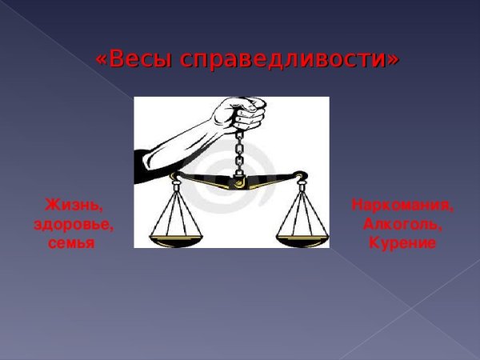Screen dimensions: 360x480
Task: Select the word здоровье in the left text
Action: coord(73,224)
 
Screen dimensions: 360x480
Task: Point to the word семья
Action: coord(71,242)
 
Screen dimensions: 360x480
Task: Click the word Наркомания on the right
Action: coord(402,206)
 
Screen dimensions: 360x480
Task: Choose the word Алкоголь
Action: coord(402,224)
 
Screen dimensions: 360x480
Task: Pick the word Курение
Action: coord(402,242)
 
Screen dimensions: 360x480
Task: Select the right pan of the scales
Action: coord(302,239)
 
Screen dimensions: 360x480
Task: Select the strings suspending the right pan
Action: coord(302,212)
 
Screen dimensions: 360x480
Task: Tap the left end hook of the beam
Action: coord(174,181)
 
